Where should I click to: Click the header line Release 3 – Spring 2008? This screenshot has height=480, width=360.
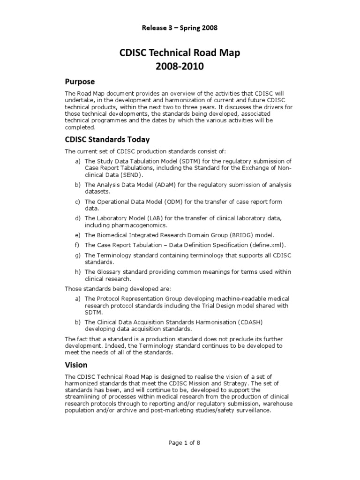click(180, 28)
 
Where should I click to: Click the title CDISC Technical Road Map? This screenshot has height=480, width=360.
click(180, 53)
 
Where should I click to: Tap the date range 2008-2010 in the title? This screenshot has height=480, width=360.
click(180, 66)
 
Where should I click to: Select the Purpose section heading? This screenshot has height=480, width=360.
click(80, 82)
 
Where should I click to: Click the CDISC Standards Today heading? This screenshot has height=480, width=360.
click(107, 139)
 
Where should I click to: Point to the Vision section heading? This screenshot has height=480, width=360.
click(76, 364)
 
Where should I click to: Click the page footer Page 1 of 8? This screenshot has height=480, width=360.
click(180, 442)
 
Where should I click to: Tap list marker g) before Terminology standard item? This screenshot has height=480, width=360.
click(77, 255)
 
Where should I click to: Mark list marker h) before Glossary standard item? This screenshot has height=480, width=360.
click(77, 272)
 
